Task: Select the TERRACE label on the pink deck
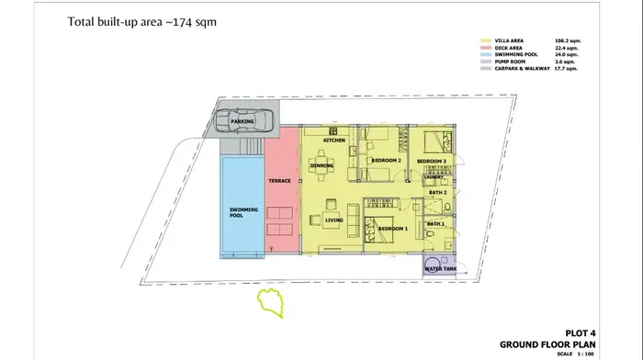(279, 181)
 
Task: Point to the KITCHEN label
(333, 141)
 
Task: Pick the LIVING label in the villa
(334, 219)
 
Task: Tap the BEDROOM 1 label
(393, 228)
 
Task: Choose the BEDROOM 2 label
(387, 161)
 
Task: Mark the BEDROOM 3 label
(431, 162)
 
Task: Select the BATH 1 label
(435, 224)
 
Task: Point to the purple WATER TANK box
(440, 267)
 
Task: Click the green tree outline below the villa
(272, 302)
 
